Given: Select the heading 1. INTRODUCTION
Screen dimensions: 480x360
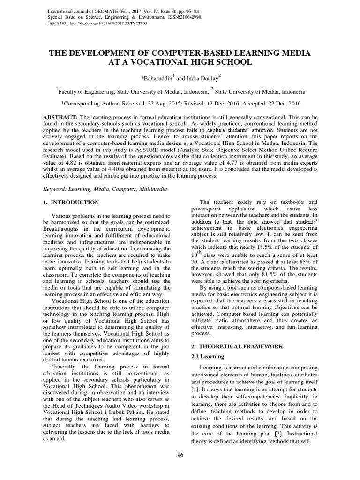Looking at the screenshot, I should tap(68, 202).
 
